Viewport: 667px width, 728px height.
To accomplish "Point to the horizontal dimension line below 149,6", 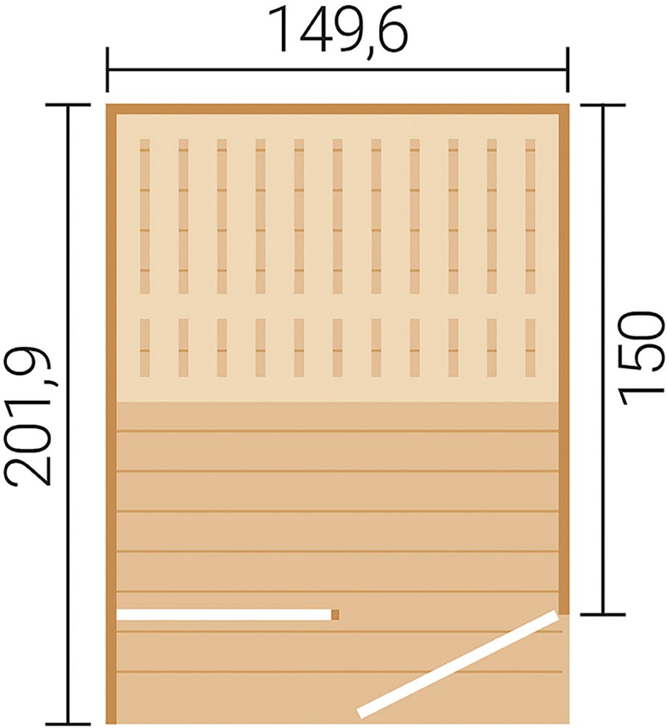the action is tap(337, 70).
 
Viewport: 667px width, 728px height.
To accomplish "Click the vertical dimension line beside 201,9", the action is tap(68, 414).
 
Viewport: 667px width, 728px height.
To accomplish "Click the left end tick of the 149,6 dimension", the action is tap(107, 70).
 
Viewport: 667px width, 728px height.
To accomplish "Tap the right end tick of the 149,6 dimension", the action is tap(567, 70).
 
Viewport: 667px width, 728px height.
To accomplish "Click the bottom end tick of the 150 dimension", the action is tap(603, 613).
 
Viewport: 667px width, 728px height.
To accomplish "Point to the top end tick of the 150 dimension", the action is tap(603, 105).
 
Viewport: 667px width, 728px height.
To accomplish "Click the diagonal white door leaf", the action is tap(457, 664).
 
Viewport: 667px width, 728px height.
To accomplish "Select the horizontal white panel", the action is tap(224, 615).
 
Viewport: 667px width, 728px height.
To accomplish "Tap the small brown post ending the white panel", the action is tap(336, 615).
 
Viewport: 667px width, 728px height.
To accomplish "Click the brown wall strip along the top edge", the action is tap(337, 109).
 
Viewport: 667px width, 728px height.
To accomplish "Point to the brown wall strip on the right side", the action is tap(563, 358).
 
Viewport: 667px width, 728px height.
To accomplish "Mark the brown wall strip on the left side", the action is tap(112, 414).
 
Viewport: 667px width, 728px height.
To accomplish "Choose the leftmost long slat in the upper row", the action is tap(145, 216).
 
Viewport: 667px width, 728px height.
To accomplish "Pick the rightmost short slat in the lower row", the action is tap(530, 347).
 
